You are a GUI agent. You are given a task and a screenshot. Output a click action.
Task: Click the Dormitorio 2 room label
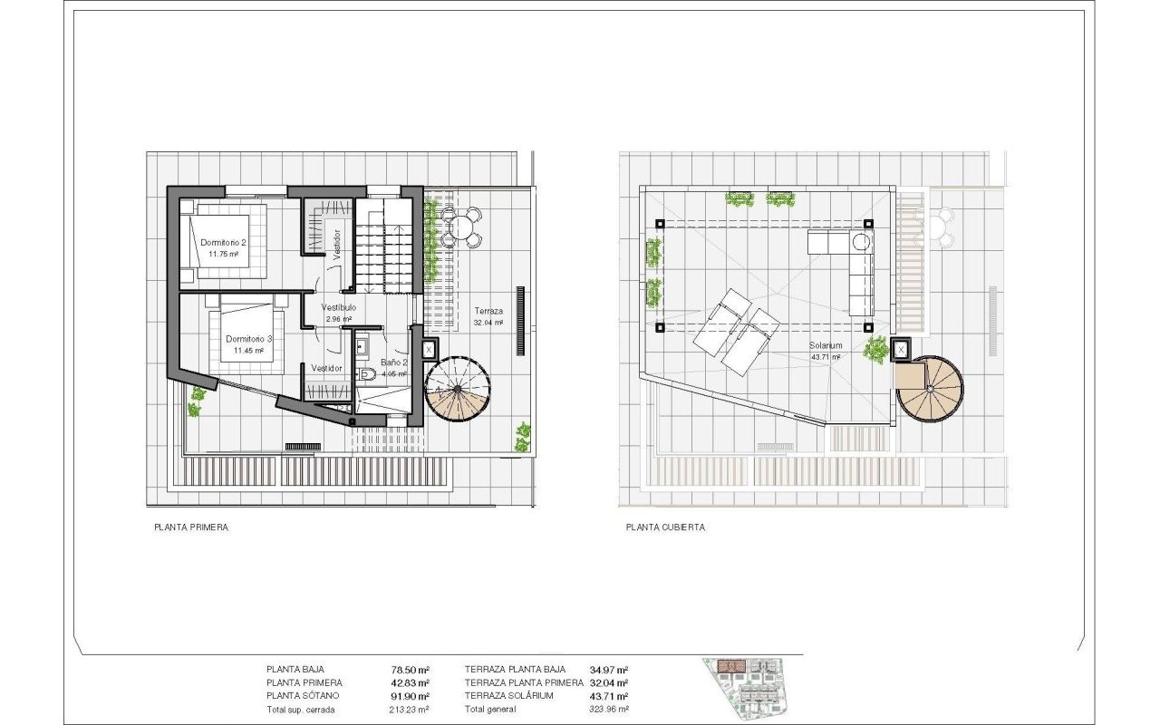click(x=223, y=242)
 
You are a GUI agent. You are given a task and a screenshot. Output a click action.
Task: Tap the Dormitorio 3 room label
click(x=248, y=339)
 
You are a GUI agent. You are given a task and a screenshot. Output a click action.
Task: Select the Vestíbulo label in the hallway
click(x=339, y=307)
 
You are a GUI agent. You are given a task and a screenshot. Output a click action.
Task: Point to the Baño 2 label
click(x=394, y=362)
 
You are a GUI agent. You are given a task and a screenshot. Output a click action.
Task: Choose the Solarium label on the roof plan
click(x=826, y=345)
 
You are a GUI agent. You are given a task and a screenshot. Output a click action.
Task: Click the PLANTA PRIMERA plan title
click(x=191, y=527)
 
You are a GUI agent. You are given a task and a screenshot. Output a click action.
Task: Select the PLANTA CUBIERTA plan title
click(x=665, y=527)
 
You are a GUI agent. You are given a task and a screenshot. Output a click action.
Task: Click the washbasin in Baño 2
click(x=362, y=346)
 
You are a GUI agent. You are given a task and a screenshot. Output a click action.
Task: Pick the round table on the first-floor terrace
click(x=460, y=227)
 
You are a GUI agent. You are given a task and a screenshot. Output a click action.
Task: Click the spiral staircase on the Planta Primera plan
click(x=458, y=388)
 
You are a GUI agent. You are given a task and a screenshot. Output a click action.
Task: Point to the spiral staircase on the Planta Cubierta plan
click(x=930, y=389)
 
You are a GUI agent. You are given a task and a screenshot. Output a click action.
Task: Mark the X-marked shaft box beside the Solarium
click(x=901, y=350)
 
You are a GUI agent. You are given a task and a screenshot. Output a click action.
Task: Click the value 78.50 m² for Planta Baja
click(x=411, y=670)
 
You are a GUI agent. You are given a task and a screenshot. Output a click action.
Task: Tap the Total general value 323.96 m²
click(x=609, y=710)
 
